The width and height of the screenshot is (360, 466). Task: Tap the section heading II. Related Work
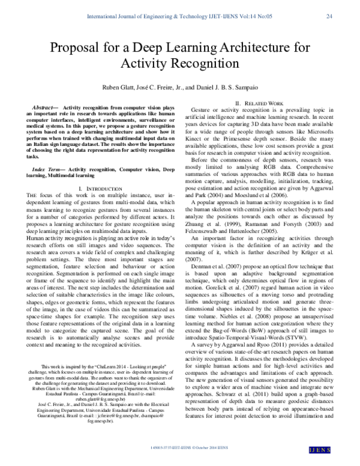point(259,103)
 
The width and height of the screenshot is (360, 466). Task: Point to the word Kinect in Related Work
point(200,139)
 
